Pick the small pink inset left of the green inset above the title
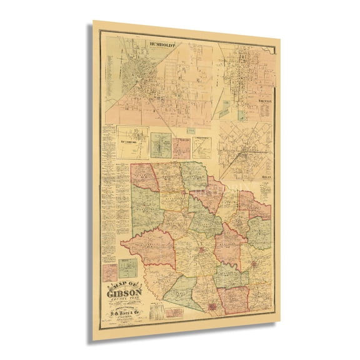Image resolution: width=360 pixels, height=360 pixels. point(110,271)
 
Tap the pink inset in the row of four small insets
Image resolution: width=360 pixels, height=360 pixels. point(181,147)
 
